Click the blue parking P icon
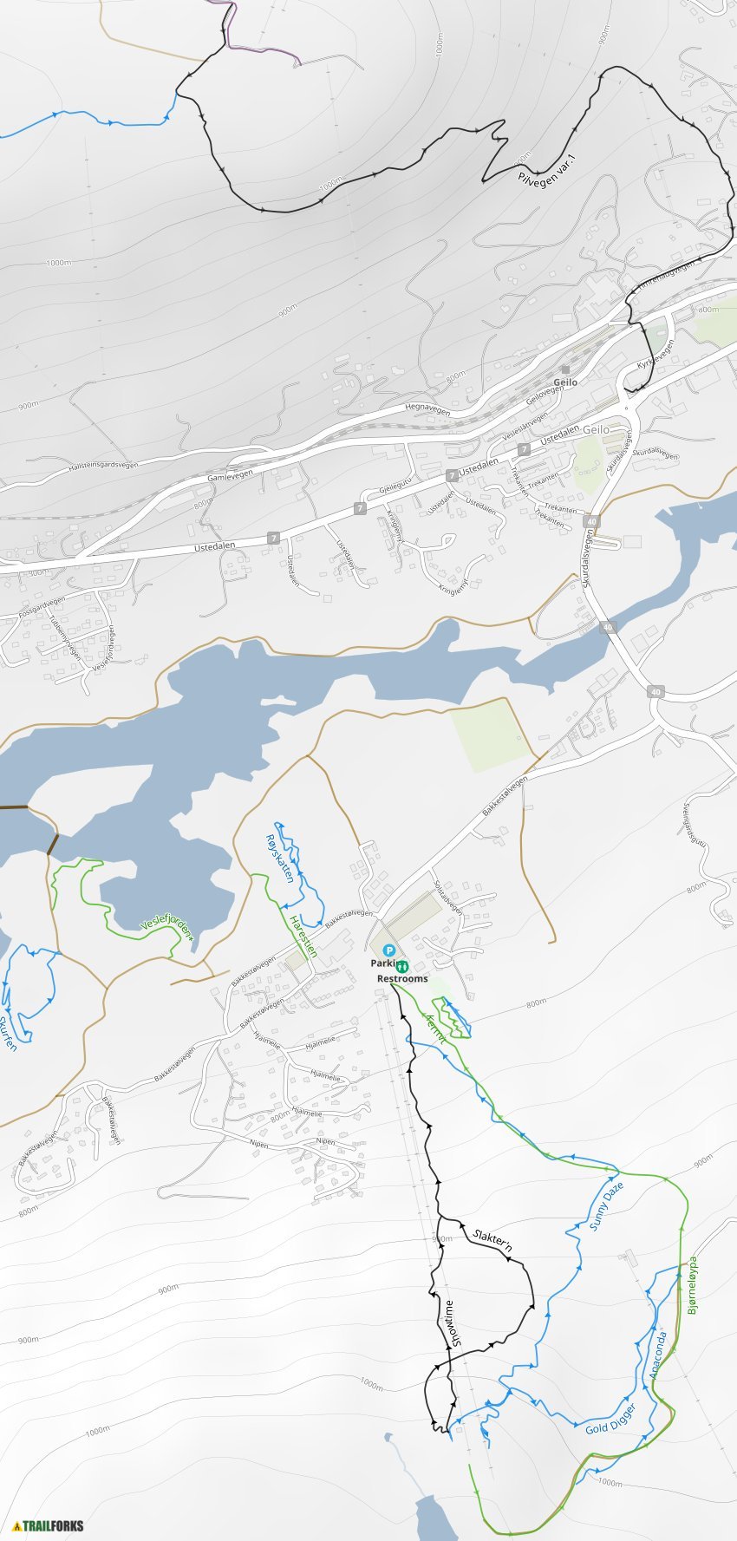388,950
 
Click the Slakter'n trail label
492,1241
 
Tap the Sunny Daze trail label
606,1205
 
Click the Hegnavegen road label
427,408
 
